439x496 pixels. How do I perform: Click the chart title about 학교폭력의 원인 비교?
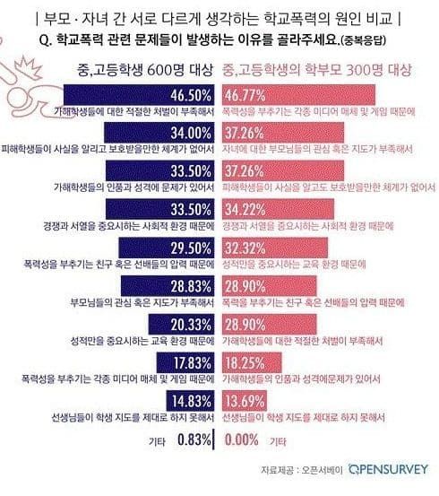click(x=219, y=18)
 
